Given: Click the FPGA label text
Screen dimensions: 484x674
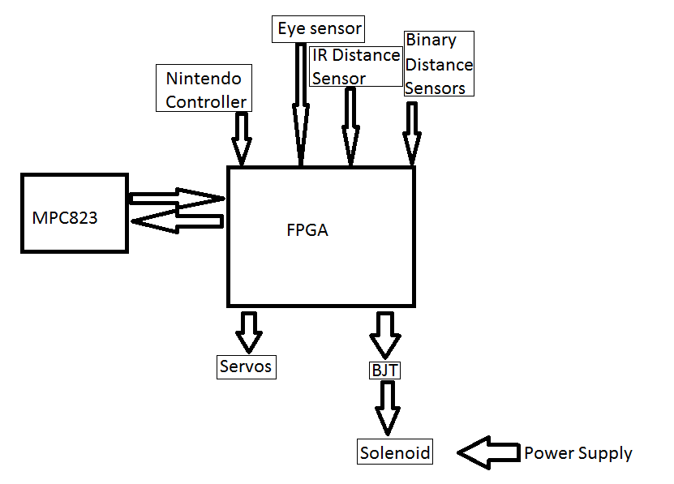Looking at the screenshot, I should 307,229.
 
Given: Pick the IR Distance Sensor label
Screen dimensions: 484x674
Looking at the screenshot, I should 355,66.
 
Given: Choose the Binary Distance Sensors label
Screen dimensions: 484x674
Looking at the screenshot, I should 438,64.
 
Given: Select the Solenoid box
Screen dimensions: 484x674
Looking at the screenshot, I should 395,452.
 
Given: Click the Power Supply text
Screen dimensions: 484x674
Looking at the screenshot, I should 577,452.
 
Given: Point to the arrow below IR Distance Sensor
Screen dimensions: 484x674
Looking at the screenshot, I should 350,126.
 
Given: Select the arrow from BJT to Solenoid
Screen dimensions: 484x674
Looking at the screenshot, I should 387,409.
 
